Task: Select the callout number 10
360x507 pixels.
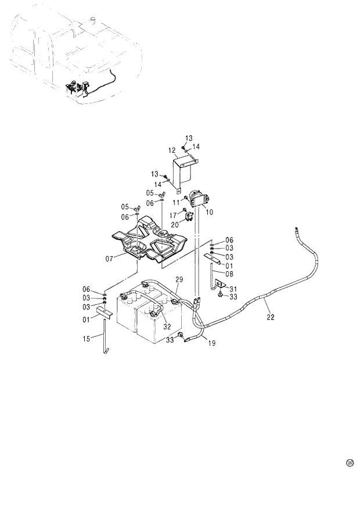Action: point(209,213)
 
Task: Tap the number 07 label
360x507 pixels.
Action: point(109,259)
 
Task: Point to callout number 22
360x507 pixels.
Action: point(270,317)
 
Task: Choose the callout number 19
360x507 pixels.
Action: point(211,343)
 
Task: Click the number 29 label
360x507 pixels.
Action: point(179,280)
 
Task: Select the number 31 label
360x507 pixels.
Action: point(233,289)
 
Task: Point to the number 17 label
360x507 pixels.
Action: point(172,215)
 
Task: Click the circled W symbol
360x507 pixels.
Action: point(350,463)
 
